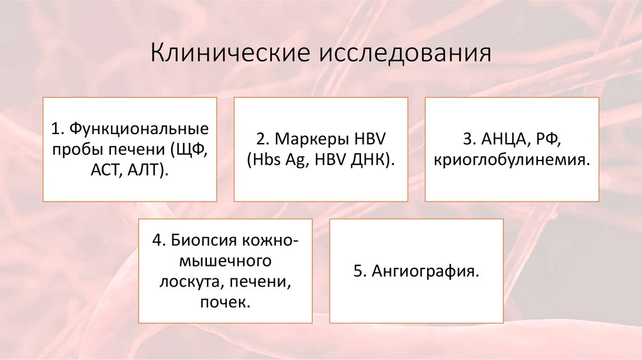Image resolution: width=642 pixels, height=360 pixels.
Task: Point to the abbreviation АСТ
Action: [x=103, y=169]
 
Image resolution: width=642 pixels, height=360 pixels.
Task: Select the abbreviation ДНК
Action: [x=372, y=159]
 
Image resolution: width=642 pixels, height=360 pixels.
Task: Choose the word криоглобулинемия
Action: [x=511, y=159]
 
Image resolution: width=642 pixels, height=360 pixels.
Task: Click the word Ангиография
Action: [x=426, y=271]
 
